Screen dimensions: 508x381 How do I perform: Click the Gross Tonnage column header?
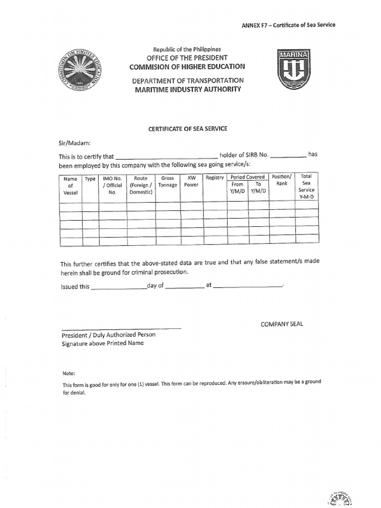(167, 181)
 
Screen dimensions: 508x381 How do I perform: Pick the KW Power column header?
(191, 181)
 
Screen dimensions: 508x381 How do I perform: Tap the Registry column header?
(215, 178)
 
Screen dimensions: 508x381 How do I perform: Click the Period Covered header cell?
(248, 177)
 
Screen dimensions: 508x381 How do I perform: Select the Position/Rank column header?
(281, 180)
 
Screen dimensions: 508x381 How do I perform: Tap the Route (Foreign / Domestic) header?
(141, 185)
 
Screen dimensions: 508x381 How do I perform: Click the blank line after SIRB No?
(288, 156)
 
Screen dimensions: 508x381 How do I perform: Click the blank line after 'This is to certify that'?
(166, 157)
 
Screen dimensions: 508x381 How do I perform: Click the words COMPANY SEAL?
(282, 324)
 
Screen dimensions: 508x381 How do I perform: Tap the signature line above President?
(121, 327)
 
